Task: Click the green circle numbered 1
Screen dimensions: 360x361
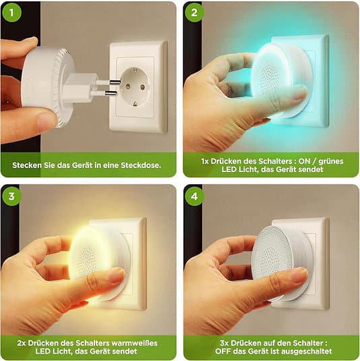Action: tap(11, 12)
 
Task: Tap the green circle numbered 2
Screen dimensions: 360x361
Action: tap(194, 12)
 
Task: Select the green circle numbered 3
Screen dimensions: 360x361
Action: tap(11, 196)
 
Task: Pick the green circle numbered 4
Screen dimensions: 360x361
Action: tap(194, 196)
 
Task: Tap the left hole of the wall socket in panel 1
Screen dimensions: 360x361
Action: tap(128, 86)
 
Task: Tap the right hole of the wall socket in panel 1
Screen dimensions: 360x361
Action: tap(142, 87)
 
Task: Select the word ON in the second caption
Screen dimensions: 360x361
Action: tap(304, 161)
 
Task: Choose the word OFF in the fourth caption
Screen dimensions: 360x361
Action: tap(223, 352)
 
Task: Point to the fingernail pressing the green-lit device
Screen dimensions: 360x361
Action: tap(299, 93)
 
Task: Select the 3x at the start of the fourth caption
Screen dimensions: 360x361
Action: tap(224, 343)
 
